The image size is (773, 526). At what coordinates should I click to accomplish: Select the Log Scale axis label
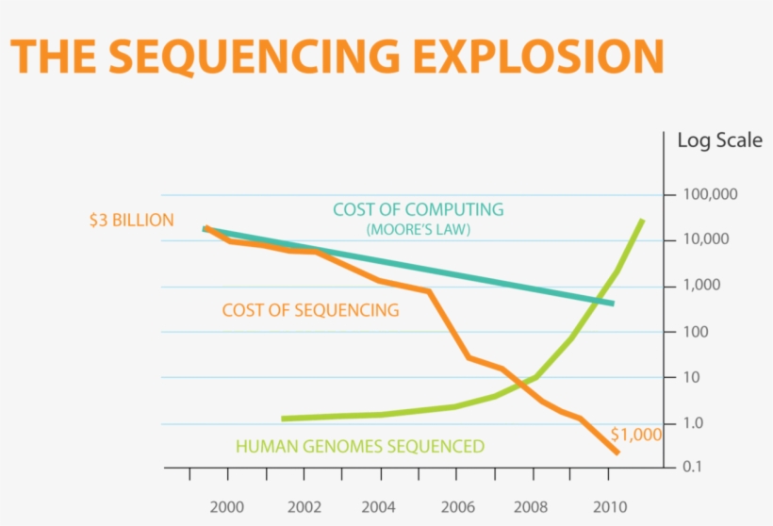[719, 141]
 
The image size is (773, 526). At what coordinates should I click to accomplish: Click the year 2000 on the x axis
[227, 506]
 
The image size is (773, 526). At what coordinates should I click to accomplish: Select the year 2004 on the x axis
[378, 506]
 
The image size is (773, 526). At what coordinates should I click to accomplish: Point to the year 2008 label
[529, 506]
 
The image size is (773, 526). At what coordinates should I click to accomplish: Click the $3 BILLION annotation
[131, 221]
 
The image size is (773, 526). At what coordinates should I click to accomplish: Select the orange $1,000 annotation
[635, 435]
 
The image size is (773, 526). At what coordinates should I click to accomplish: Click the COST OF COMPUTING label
[418, 210]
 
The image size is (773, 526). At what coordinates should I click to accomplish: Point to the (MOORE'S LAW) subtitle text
[418, 229]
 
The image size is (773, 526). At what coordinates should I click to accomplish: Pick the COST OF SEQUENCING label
[310, 310]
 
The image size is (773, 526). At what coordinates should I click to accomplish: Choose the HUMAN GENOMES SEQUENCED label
[359, 446]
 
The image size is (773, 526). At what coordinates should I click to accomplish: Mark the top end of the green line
[642, 221]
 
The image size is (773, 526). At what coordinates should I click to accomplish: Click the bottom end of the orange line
[617, 453]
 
